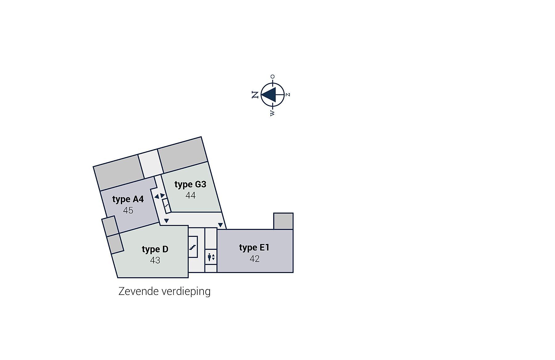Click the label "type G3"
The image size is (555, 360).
pyautogui.click(x=190, y=184)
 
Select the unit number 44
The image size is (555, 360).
pyautogui.click(x=191, y=196)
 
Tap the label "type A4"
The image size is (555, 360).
pyautogui.click(x=128, y=199)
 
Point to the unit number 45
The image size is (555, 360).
pyautogui.click(x=128, y=210)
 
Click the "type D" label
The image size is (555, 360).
pyautogui.click(x=155, y=249)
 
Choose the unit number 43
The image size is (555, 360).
pyautogui.click(x=155, y=260)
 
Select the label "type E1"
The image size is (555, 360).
pyautogui.click(x=254, y=248)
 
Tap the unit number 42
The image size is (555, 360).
pyautogui.click(x=254, y=259)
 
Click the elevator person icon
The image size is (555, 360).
pyautogui.click(x=210, y=257)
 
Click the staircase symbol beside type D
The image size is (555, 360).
pyautogui.click(x=193, y=247)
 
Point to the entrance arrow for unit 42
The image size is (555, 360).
pyautogui.click(x=220, y=225)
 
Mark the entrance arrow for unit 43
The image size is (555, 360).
pyautogui.click(x=166, y=221)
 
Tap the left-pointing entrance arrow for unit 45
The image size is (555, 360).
pyautogui.click(x=157, y=196)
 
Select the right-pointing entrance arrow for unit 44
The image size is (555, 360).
pyautogui.click(x=162, y=195)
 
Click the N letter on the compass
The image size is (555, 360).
pyautogui.click(x=255, y=95)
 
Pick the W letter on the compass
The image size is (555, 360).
pyautogui.click(x=272, y=114)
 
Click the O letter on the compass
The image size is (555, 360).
pyautogui.click(x=272, y=77)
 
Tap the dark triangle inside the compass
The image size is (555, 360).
pyautogui.click(x=269, y=94)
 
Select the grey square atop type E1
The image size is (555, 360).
pyautogui.click(x=283, y=221)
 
